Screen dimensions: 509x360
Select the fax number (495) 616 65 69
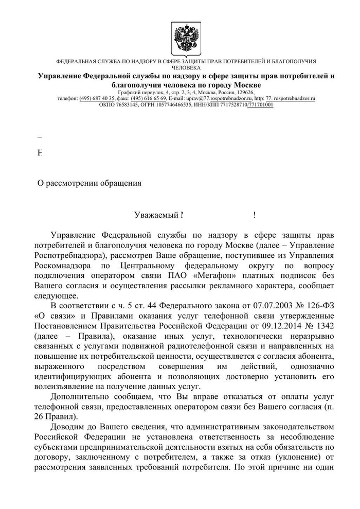point(149,98)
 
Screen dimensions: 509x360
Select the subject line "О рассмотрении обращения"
point(90,182)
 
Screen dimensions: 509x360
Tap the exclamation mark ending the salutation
point(255,215)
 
